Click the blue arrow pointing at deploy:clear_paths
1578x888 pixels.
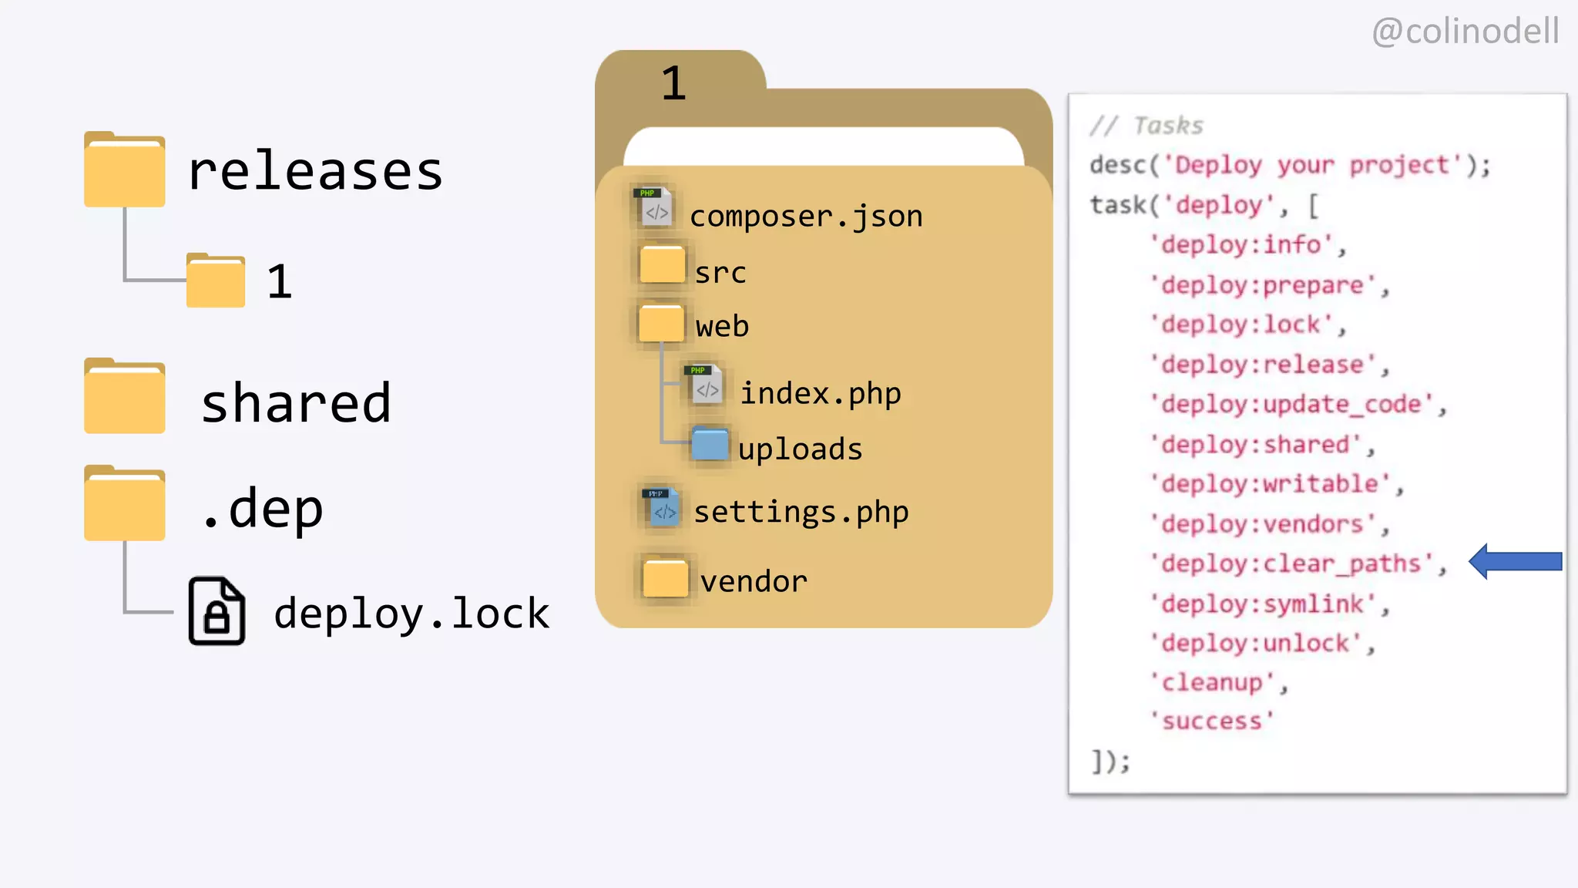tap(1514, 561)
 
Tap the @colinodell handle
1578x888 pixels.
tap(1466, 32)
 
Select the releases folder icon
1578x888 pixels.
tap(125, 170)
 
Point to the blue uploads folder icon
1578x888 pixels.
tap(710, 444)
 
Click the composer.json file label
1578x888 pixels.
tap(806, 217)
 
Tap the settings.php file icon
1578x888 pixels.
tap(661, 507)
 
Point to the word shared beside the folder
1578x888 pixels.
tap(296, 403)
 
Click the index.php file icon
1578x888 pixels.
tap(704, 385)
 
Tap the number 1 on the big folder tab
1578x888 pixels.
tap(673, 83)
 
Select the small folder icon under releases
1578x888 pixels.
tap(216, 281)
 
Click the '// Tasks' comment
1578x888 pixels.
tap(1147, 126)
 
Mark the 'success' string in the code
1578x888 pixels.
tap(1212, 721)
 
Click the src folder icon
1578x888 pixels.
tap(662, 264)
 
